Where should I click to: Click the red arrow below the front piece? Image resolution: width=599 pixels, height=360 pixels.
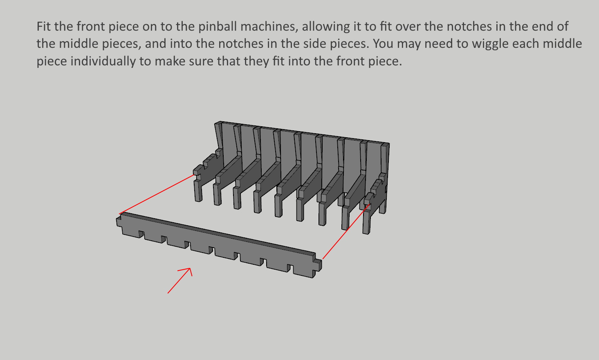pos(180,280)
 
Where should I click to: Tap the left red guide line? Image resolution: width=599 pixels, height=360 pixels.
pos(157,194)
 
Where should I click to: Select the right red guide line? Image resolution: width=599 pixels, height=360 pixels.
pos(346,231)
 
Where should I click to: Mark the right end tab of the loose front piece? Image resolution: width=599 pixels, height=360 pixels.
pos(318,265)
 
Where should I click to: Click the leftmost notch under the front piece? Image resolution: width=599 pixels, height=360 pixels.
pos(141,235)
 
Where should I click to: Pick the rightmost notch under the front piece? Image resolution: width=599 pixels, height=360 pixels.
pos(290,268)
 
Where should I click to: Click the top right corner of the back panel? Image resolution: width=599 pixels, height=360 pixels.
pos(389,144)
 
